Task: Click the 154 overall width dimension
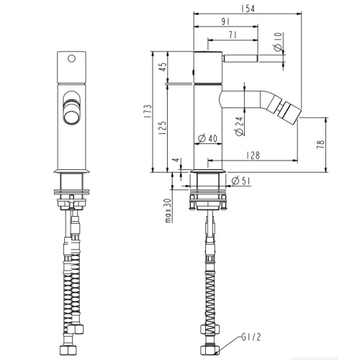pyautogui.click(x=248, y=9)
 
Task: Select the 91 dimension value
pyautogui.click(x=225, y=22)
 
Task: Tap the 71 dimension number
pyautogui.click(x=233, y=35)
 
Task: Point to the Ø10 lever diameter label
pyautogui.click(x=278, y=42)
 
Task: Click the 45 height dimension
pyautogui.click(x=163, y=67)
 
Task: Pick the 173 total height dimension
pyautogui.click(x=148, y=111)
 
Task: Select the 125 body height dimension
pyautogui.click(x=163, y=127)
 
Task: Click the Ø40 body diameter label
pyautogui.click(x=207, y=138)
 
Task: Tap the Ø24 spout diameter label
pyautogui.click(x=239, y=126)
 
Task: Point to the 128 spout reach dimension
pyautogui.click(x=253, y=156)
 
